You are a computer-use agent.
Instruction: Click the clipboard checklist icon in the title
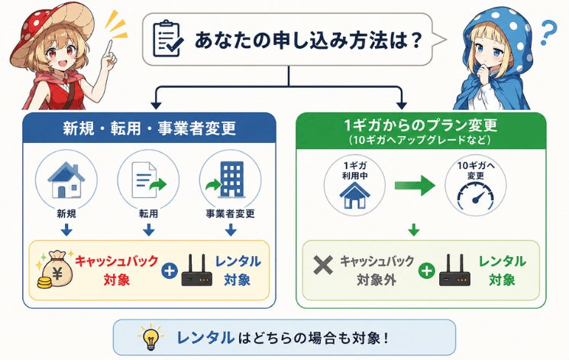[x=168, y=39]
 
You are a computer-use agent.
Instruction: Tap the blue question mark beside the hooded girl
[x=548, y=33]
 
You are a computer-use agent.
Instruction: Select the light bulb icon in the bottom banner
[x=150, y=337]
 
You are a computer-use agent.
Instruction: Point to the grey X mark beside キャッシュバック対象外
[x=323, y=265]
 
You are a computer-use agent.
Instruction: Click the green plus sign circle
[x=426, y=271]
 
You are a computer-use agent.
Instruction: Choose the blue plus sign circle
[x=169, y=271]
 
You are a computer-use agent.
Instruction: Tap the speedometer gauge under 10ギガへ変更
[x=475, y=196]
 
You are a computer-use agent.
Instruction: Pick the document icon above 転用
[x=147, y=180]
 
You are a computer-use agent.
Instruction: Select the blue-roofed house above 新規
[x=66, y=180]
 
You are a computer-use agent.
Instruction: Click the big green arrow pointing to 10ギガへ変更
[x=415, y=185]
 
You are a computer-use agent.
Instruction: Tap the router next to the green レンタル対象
[x=454, y=271]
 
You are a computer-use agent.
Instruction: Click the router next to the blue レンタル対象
[x=197, y=271]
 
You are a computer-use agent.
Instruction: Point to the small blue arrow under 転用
[x=148, y=229]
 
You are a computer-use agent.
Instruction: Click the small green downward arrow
[x=414, y=229]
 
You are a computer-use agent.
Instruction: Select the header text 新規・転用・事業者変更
[x=150, y=128]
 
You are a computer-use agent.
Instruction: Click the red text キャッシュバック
[x=117, y=261]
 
